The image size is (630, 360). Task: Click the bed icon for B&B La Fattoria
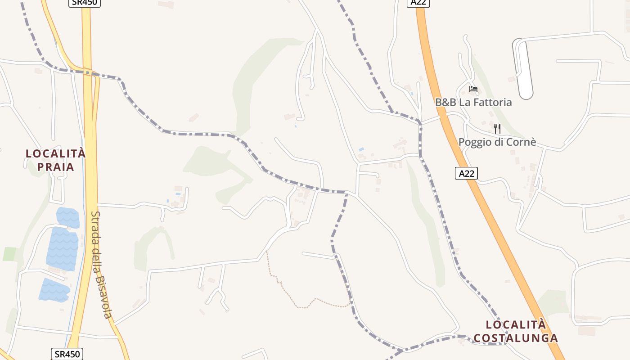click(x=473, y=89)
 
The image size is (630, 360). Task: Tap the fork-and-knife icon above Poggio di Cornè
click(x=497, y=129)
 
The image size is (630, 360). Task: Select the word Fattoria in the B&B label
click(x=491, y=102)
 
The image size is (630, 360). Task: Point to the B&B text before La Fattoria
click(x=445, y=102)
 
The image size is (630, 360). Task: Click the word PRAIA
click(x=55, y=167)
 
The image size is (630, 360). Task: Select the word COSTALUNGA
click(x=516, y=338)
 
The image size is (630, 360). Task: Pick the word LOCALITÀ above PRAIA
click(x=55, y=153)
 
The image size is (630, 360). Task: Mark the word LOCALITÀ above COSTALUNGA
click(x=516, y=324)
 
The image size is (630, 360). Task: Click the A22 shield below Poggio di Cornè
click(x=466, y=173)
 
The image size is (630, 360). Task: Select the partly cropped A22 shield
click(x=418, y=3)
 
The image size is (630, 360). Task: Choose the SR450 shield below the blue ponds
click(x=67, y=354)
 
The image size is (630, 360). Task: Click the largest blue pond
click(x=63, y=248)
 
